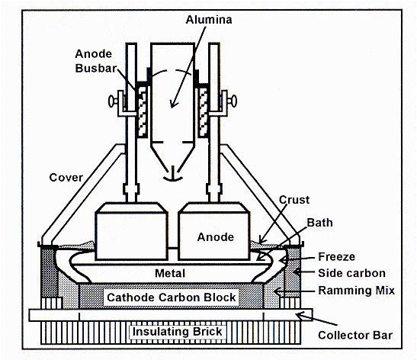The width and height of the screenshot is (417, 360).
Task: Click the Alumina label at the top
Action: [x=209, y=20]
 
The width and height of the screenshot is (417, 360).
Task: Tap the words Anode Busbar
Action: [x=96, y=61]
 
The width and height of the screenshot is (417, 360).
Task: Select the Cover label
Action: [x=66, y=178]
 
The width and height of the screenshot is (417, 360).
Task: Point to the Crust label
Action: [x=294, y=200]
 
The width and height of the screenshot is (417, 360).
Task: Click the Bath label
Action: [x=319, y=223]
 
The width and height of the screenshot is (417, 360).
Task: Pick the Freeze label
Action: [x=337, y=257]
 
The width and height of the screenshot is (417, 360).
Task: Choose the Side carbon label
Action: [x=352, y=273]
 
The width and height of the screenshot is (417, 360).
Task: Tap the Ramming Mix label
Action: [x=356, y=291]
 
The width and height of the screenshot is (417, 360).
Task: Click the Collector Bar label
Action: [x=355, y=336]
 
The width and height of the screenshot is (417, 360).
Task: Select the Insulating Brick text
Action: [x=177, y=332]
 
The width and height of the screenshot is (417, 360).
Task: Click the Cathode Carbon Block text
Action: [x=172, y=297]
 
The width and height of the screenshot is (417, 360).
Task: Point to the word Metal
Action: [x=170, y=273]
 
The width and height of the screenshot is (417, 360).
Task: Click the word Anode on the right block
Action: [x=216, y=237]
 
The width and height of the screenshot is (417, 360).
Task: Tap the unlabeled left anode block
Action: [x=131, y=232]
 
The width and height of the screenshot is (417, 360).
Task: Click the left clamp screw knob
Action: [x=111, y=101]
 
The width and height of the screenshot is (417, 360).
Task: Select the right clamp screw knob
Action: [x=233, y=101]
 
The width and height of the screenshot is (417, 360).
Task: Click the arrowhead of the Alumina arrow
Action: [x=173, y=104]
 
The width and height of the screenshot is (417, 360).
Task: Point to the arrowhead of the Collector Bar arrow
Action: [x=300, y=316]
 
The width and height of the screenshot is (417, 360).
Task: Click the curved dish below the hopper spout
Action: [x=172, y=178]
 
